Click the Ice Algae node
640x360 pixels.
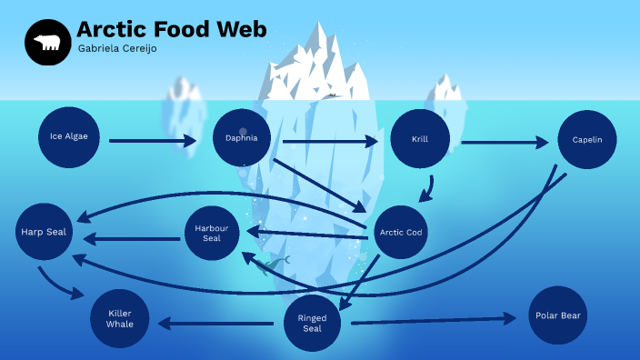[x=69, y=137]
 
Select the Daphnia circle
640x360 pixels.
[x=241, y=138]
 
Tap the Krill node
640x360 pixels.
[x=420, y=139]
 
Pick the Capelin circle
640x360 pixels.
[x=587, y=140]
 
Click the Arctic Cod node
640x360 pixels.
[x=401, y=233]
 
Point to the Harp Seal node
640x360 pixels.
[x=45, y=233]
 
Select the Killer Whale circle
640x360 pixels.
[x=120, y=319]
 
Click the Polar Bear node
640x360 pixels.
[x=557, y=315]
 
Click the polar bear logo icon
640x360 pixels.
[x=47, y=42]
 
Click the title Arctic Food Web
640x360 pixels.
[x=171, y=30]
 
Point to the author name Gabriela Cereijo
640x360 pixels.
[x=117, y=49]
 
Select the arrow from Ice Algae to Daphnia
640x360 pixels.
[x=153, y=141]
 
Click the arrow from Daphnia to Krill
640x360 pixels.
[x=329, y=142]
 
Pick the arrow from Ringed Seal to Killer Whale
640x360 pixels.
[x=216, y=323]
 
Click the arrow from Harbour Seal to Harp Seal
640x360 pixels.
[x=133, y=239]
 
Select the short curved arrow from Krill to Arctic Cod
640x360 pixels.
[x=427, y=189]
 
